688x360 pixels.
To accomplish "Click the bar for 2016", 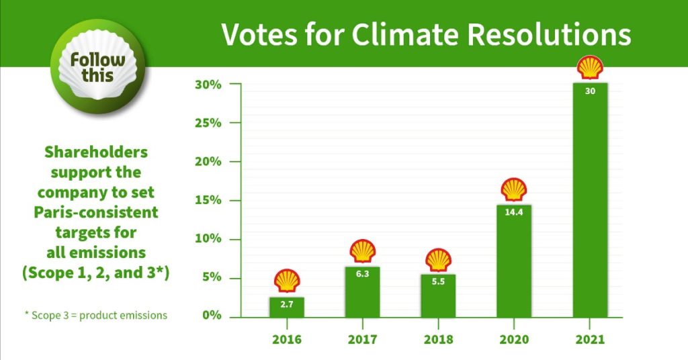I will coord(287,307).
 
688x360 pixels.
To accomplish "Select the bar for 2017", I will coord(362,292).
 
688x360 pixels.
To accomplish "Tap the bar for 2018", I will coord(438,296).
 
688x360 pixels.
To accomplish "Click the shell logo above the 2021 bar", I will coord(590,68).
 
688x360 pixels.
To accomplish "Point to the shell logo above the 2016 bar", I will coord(287,281).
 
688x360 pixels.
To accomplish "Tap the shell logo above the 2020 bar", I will coord(514,189).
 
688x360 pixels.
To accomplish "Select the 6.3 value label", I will coord(362,274).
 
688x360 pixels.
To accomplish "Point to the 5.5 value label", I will coord(438,281).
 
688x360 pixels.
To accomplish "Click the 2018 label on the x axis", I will coord(438,339).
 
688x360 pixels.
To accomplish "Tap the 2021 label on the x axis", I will coord(590,339).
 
